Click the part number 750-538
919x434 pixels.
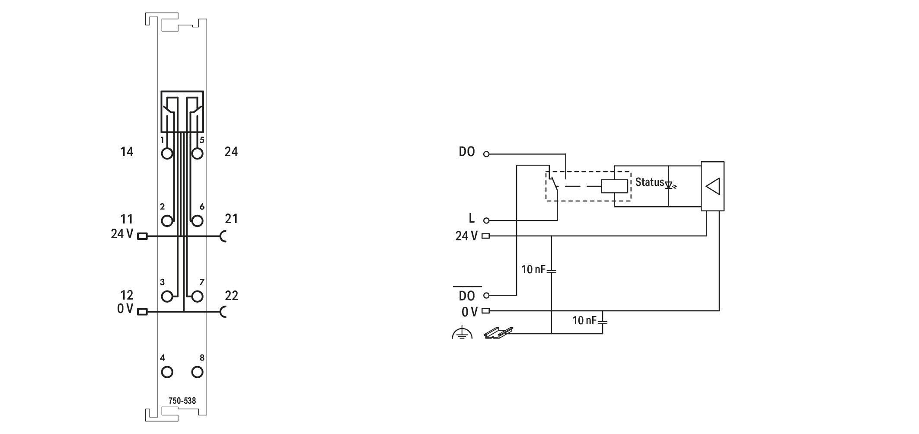coord(182,401)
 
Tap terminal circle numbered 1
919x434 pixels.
coord(167,153)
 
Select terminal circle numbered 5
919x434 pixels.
coord(197,153)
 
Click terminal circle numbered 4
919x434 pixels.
coord(167,372)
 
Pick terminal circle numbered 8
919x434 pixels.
coord(197,372)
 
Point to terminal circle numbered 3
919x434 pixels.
coord(167,297)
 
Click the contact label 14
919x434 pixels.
coord(127,152)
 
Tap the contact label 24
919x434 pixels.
coord(231,152)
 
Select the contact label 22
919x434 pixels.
coord(232,296)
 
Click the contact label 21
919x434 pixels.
coord(232,219)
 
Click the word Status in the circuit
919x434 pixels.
coord(649,182)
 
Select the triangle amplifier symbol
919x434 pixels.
coord(712,186)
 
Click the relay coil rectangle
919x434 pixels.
coord(614,186)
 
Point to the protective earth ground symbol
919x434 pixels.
coord(462,332)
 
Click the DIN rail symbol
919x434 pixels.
coord(498,332)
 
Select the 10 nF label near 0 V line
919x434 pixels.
coord(584,320)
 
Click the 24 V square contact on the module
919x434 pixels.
coord(142,236)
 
